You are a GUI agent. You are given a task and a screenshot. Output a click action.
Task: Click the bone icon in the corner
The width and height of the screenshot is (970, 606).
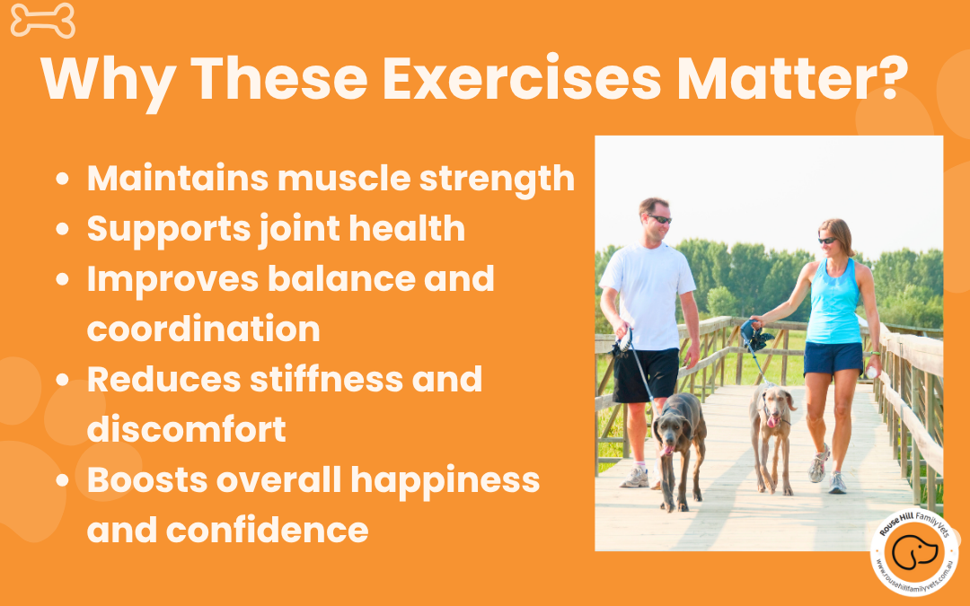click(42, 21)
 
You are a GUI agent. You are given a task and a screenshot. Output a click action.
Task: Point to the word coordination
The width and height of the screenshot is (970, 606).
click(203, 329)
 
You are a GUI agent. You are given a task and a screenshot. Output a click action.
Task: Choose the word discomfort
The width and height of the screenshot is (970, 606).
click(186, 429)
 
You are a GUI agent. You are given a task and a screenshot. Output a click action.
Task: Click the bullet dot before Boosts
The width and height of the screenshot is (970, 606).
click(62, 481)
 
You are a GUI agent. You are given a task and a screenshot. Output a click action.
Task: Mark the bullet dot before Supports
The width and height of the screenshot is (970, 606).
click(62, 230)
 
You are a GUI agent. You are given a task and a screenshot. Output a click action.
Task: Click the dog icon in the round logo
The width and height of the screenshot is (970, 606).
click(914, 556)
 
